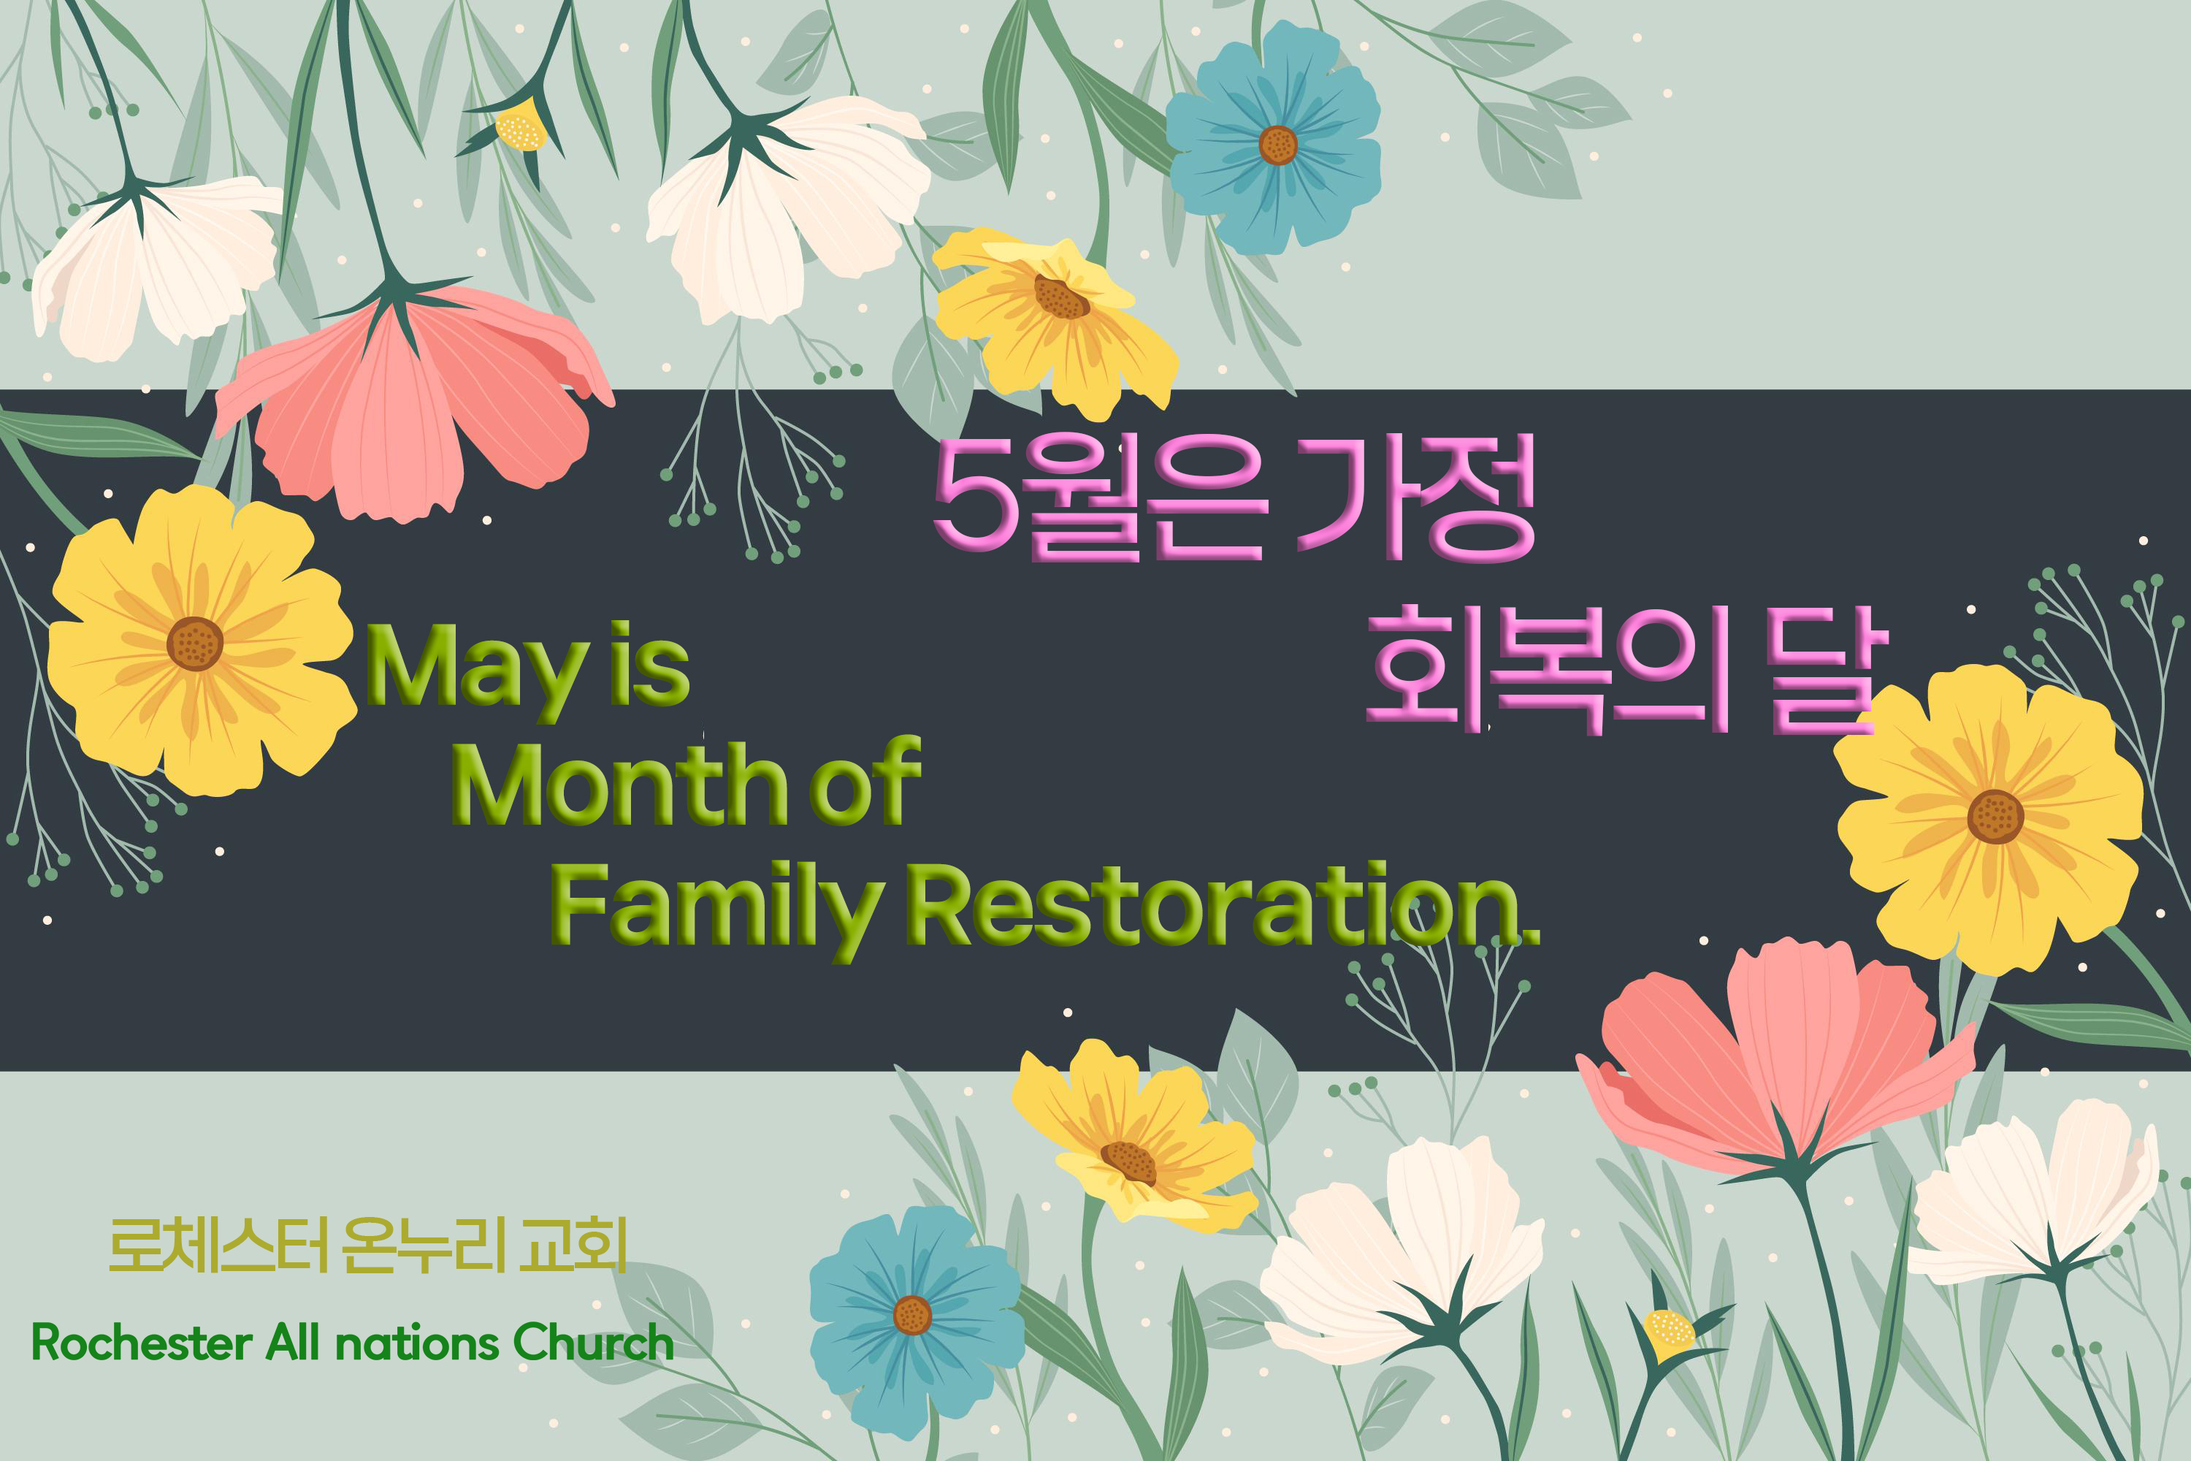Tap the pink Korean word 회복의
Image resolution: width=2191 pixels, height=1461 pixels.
coord(1546,667)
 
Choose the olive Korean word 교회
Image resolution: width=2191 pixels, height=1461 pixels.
coord(572,1245)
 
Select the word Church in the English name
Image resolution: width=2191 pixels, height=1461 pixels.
coord(592,1343)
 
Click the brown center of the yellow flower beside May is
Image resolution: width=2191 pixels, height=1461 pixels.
coord(195,643)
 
